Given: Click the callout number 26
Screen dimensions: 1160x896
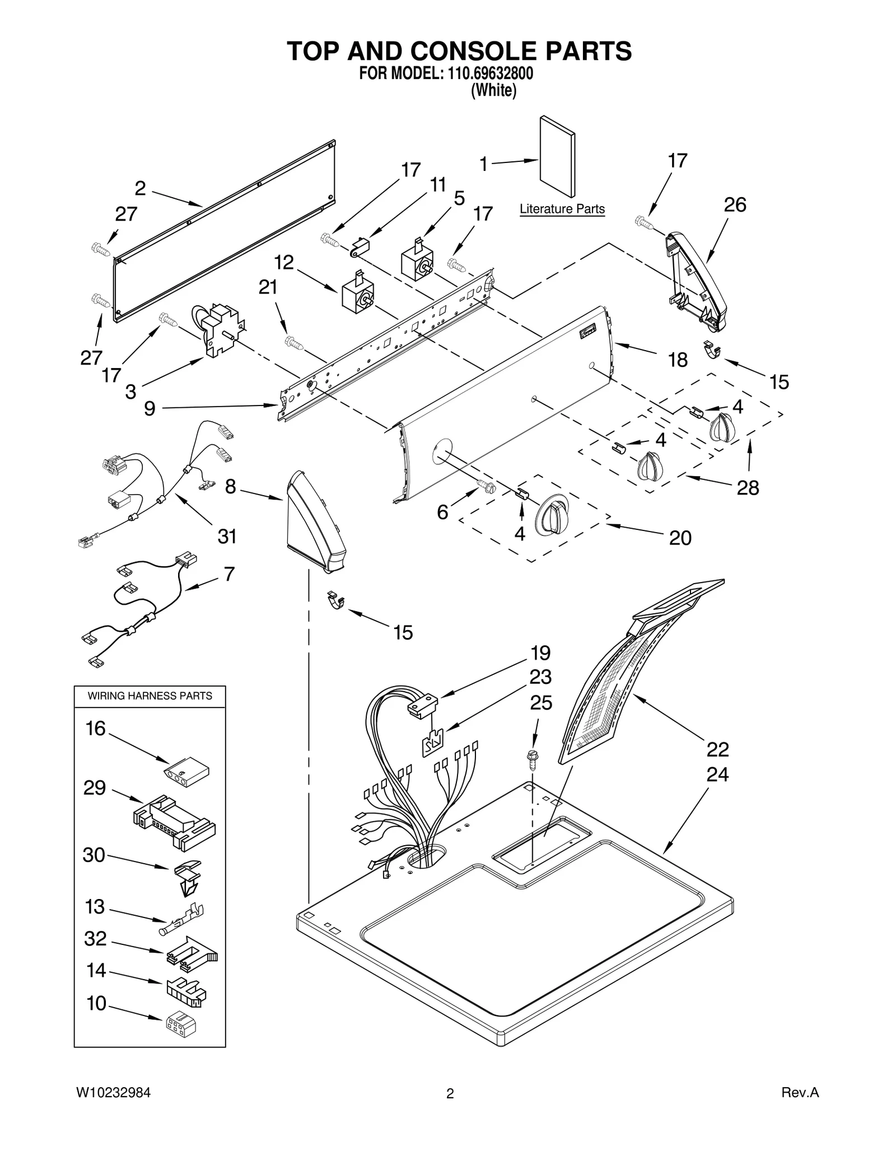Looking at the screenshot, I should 735,205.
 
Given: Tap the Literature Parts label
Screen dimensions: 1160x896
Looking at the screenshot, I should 562,209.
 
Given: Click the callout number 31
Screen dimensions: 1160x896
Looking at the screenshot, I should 227,537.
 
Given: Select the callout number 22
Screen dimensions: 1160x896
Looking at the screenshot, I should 717,749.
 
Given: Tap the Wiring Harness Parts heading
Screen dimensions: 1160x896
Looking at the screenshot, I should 150,696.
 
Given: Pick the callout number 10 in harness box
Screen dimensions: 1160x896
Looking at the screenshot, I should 96,1003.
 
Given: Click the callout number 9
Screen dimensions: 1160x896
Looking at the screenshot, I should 150,408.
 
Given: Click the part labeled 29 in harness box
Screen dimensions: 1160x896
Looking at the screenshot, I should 174,821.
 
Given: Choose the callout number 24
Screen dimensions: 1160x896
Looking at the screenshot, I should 717,775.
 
